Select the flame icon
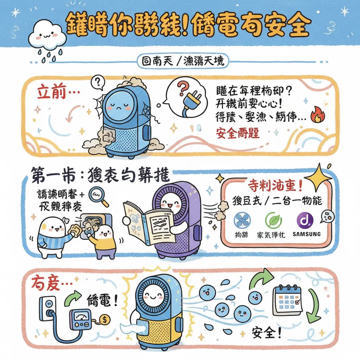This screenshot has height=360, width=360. tap(318, 116)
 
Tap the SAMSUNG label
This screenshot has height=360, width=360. tap(306, 234)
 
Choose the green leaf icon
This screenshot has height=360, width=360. tap(273, 220)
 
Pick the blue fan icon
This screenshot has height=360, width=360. tap(242, 220)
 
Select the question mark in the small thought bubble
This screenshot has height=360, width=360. tap(98, 83)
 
